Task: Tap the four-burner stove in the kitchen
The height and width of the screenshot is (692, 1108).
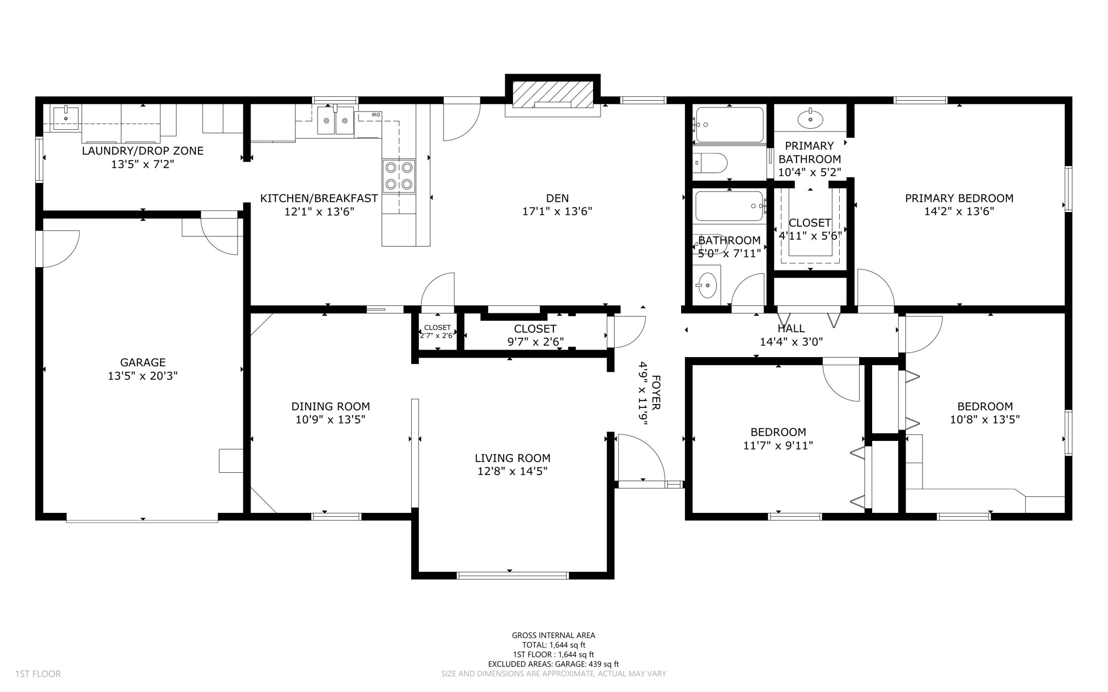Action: point(399,176)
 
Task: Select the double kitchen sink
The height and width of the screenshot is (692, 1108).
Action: point(335,120)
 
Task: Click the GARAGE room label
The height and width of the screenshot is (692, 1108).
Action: point(143,363)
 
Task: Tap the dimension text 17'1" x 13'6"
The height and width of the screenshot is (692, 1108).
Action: point(557,212)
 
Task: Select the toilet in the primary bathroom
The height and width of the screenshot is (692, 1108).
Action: point(710,162)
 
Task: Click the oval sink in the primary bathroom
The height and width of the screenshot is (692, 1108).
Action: point(810,119)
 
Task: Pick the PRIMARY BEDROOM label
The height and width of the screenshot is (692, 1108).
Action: point(959,198)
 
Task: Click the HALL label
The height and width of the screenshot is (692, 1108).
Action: point(791,328)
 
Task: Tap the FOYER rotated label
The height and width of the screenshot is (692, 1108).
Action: point(656,392)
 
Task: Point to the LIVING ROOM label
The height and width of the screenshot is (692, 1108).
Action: point(512,458)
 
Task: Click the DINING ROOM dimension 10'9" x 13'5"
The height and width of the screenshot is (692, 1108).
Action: point(330,419)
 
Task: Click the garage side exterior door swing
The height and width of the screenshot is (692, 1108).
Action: point(60,249)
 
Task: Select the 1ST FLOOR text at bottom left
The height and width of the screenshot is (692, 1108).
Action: point(38,674)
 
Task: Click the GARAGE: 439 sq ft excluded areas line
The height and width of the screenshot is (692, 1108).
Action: point(553,664)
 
